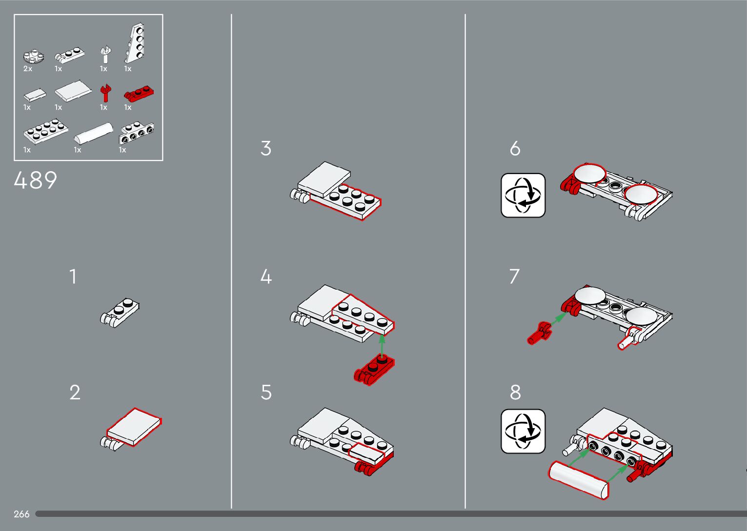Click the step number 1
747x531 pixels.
coord(73,276)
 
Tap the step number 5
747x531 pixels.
coord(266,392)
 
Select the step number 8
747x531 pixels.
coord(515,392)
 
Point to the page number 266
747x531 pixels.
coord(21,514)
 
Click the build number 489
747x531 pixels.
coord(35,180)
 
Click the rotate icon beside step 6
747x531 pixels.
coord(523,195)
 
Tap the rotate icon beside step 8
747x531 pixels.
coord(523,431)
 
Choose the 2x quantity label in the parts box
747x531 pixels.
coord(28,69)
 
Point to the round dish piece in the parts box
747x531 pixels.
coord(33,56)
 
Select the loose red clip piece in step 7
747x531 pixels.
coord(539,333)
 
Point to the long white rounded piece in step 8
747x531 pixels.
coord(579,479)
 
